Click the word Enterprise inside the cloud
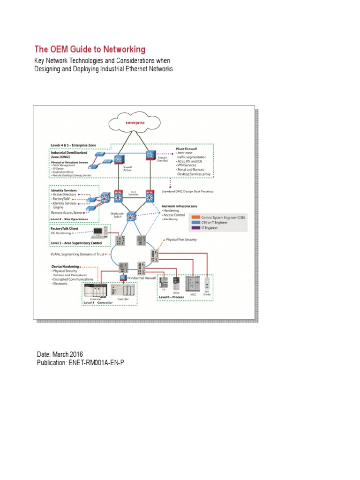coord(135,123)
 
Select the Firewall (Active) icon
coord(118,158)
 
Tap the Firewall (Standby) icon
coord(150,155)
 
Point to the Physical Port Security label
coord(181,240)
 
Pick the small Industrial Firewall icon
coord(123,278)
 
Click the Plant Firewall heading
coord(186,148)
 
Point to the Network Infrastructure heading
coord(180,206)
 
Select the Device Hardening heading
coord(65,266)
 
